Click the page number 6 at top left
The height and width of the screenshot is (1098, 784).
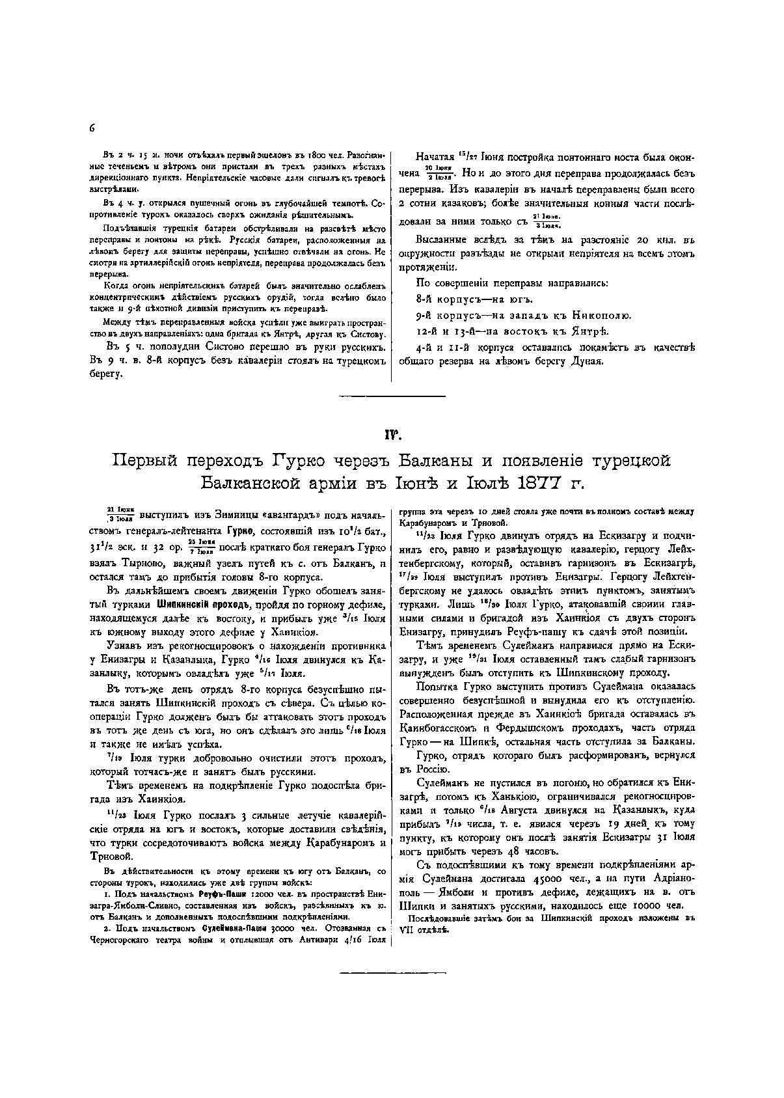(92, 128)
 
